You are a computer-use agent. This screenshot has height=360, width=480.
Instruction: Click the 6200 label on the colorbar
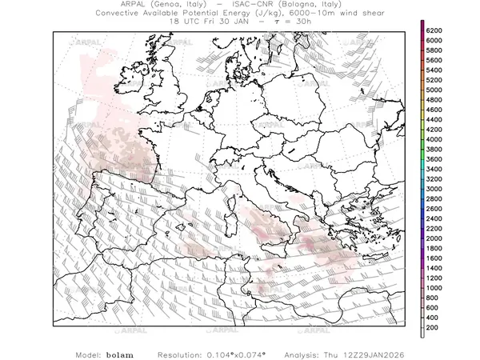tap(434, 30)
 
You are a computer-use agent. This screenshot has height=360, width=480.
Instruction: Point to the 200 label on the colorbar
tap(432, 328)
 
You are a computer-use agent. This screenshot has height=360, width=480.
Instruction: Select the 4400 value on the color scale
tap(434, 119)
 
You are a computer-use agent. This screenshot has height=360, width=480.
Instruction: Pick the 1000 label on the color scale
tap(434, 288)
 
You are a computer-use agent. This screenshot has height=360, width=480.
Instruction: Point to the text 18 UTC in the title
tap(185, 22)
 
